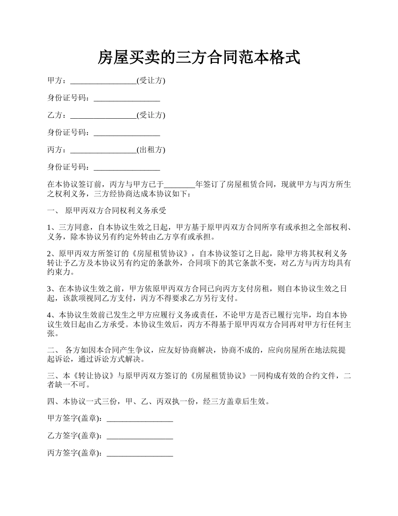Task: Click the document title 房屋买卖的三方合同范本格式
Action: coord(199,57)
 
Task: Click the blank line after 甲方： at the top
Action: coord(103,81)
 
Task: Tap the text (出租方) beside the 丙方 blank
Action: coord(151,150)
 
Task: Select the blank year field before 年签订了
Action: coord(180,185)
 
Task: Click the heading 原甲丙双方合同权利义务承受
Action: coord(116,210)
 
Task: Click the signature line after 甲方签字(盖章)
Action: coord(140,419)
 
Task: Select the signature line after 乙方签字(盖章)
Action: coord(140,436)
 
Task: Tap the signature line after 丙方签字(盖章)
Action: coord(140,453)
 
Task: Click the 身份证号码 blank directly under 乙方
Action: coord(127,133)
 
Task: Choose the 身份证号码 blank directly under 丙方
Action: coord(127,167)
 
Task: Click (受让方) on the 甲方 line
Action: coord(151,81)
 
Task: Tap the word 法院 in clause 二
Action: coord(321,350)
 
